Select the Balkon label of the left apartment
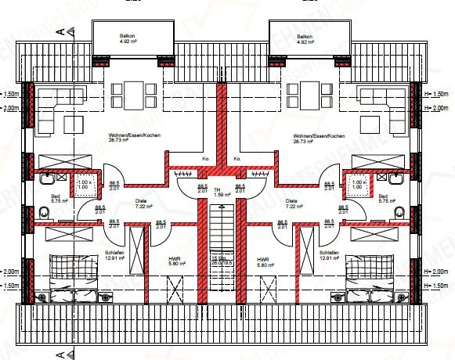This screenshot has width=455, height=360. (x=128, y=36)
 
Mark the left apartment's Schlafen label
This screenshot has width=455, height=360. (x=111, y=252)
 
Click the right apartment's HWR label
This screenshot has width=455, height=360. (x=262, y=260)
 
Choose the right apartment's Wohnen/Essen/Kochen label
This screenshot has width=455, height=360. (x=316, y=135)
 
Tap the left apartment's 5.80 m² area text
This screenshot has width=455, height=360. (x=175, y=265)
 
